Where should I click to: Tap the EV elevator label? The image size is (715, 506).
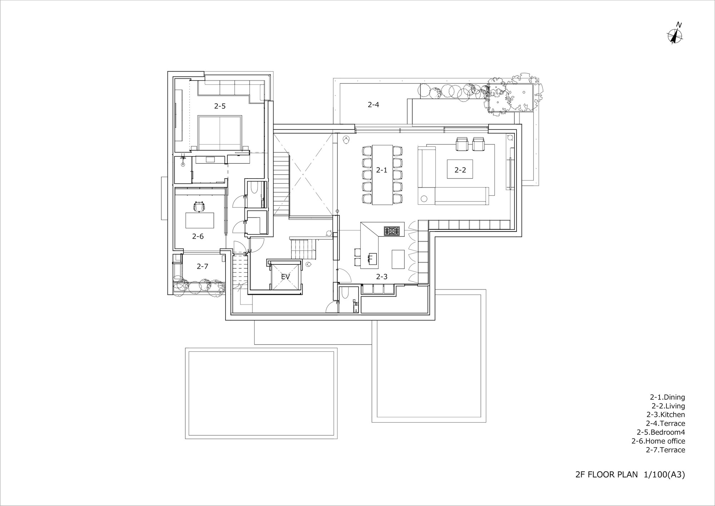point(285,277)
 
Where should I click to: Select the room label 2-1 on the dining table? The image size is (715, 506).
point(381,170)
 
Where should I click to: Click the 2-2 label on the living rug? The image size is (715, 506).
point(460,170)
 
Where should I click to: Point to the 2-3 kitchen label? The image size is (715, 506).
point(381,277)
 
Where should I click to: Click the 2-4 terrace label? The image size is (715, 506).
point(373,104)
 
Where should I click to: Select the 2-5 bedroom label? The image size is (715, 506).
point(220,106)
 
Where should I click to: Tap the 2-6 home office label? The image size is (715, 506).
point(198,236)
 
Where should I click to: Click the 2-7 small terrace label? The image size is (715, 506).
point(202,266)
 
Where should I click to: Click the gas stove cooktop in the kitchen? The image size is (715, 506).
point(393,231)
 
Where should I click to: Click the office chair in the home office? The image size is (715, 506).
point(199,206)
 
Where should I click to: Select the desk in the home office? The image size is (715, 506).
point(199,220)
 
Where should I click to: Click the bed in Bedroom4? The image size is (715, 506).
point(220,132)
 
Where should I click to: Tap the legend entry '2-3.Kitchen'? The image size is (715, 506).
point(665,415)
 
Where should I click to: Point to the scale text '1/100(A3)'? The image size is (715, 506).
point(664,475)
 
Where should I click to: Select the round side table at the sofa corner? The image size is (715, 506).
point(424,198)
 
